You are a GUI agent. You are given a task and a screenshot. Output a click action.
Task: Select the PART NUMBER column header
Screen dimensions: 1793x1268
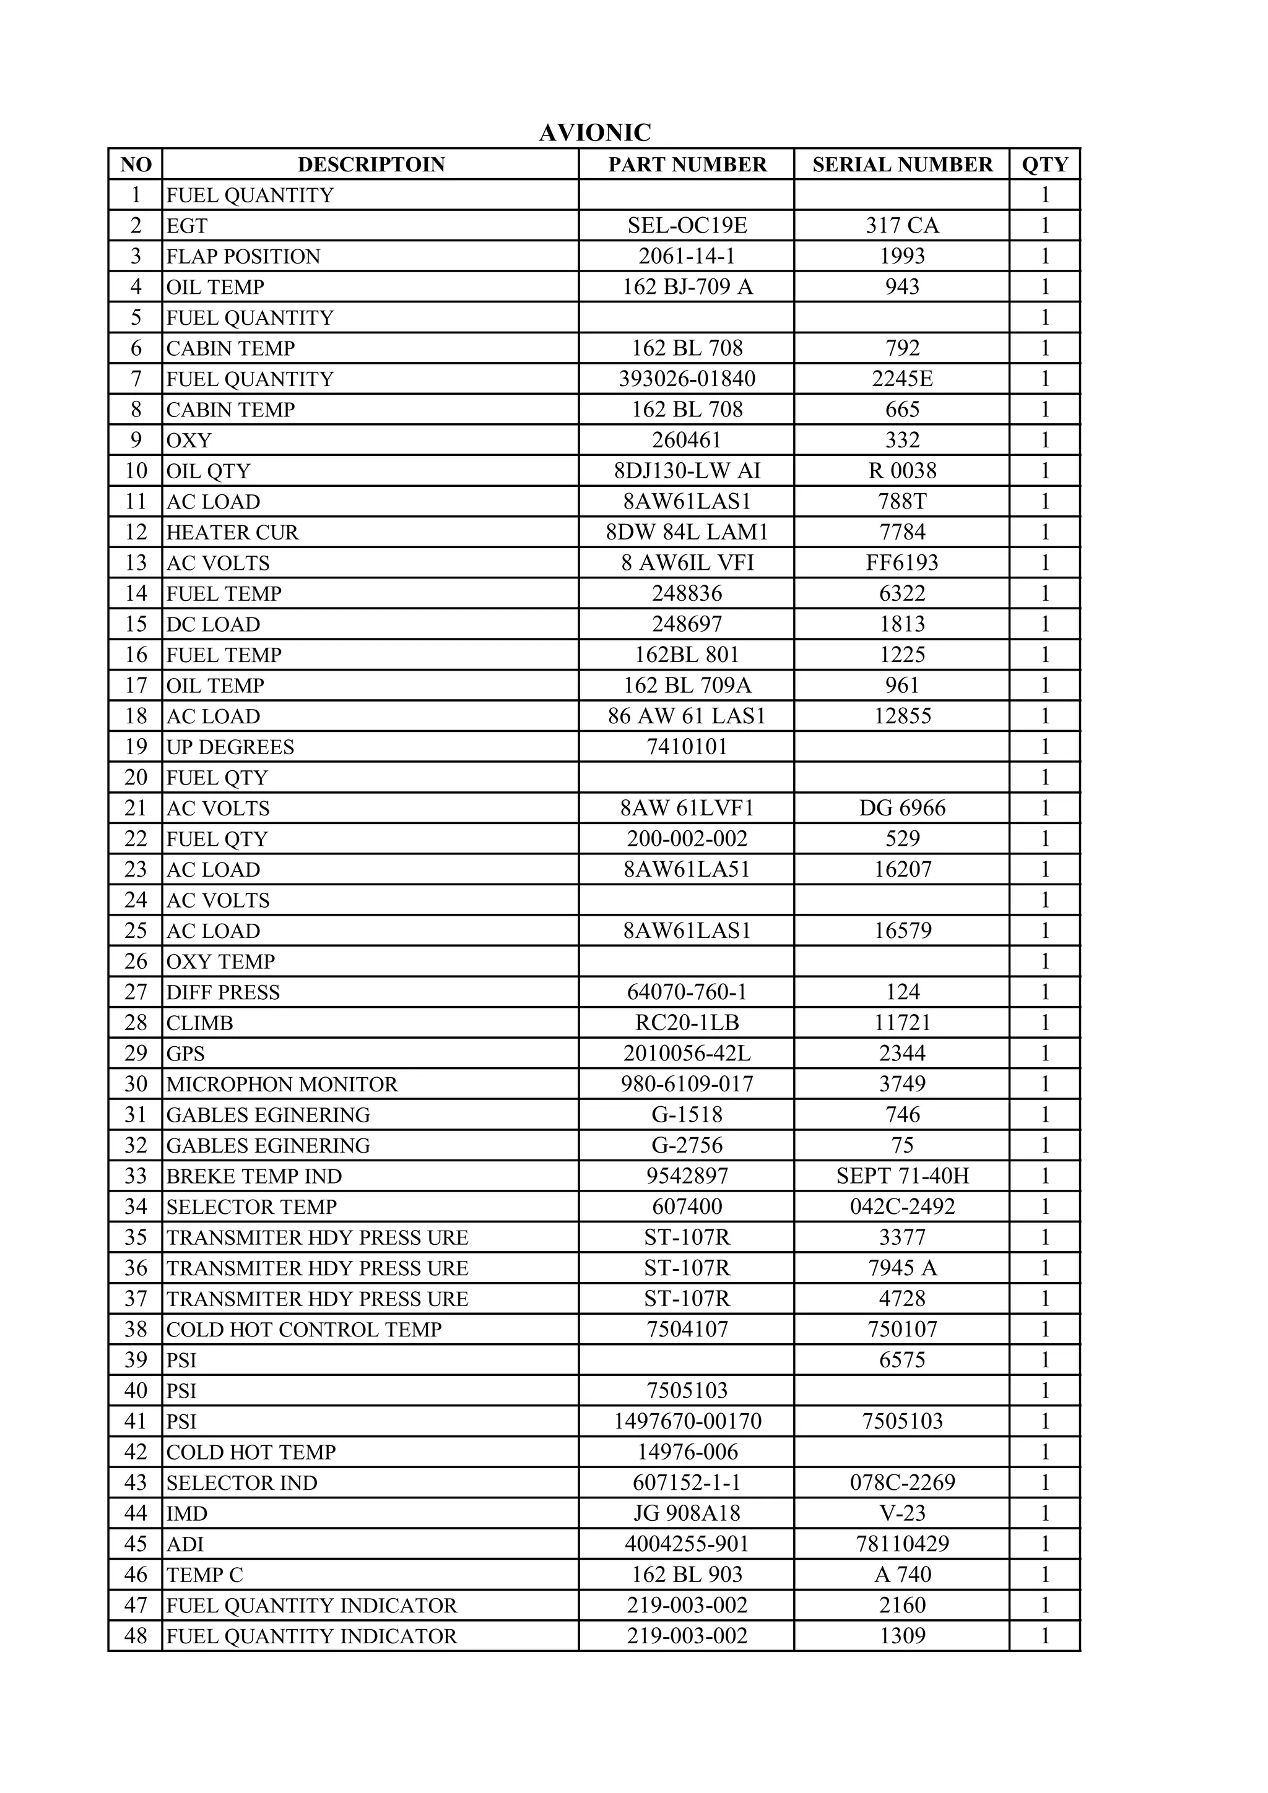pos(687,165)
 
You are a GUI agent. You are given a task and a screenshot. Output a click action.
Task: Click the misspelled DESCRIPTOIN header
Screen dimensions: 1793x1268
pos(371,165)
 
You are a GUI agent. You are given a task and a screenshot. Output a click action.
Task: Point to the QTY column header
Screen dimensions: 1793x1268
pos(1044,165)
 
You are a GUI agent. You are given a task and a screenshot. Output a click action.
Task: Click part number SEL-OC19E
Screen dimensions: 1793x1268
pos(687,226)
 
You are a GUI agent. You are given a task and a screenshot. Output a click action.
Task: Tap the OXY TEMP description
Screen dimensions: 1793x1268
pos(220,961)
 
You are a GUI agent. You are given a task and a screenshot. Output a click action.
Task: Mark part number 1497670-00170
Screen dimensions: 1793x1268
pos(687,1421)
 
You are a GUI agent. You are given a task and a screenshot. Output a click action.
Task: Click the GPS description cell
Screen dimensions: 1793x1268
pos(185,1054)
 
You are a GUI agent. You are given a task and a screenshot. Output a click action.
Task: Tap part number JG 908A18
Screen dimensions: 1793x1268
pos(687,1513)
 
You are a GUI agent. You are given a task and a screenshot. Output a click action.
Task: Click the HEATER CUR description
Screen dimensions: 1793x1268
pos(232,533)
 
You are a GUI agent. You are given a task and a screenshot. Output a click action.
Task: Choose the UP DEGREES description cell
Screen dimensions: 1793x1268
pos(230,747)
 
